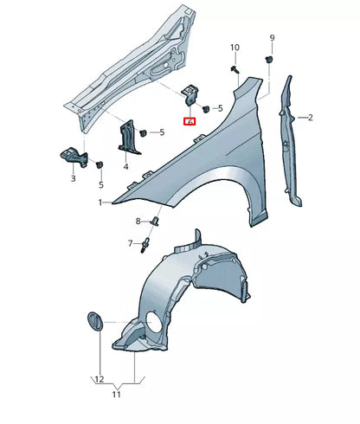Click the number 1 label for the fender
pos(100,202)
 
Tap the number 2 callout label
pos(310,117)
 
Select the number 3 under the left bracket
pos(73,178)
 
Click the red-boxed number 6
pos(190,123)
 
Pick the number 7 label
pos(132,243)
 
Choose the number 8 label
pos(137,222)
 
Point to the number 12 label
pos(99,380)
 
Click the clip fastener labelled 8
pos(155,221)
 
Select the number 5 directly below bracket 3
pos(100,184)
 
